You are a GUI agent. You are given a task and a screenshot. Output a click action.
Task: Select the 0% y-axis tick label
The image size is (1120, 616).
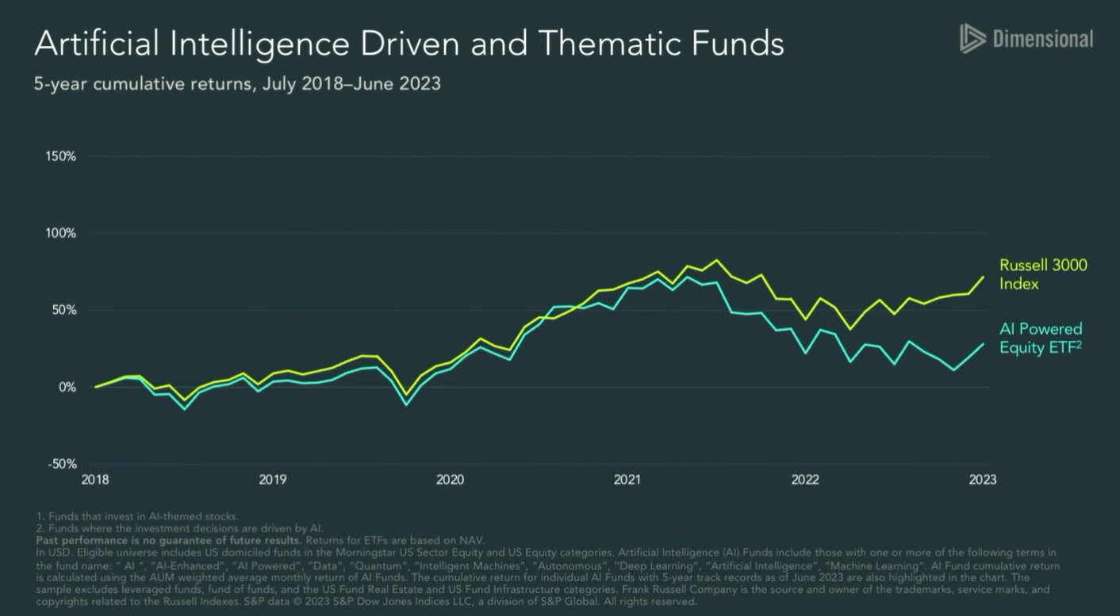(x=67, y=387)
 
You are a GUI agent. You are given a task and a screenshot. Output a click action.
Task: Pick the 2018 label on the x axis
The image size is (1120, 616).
(x=94, y=480)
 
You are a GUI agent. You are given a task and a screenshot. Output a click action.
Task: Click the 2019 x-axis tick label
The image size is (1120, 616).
(x=272, y=480)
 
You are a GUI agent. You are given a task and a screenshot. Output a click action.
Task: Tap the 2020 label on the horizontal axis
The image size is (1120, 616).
(x=450, y=480)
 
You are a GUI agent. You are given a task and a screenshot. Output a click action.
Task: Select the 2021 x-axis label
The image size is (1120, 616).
(x=627, y=480)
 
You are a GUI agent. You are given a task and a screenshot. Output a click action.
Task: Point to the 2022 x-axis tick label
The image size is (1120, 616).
(x=805, y=480)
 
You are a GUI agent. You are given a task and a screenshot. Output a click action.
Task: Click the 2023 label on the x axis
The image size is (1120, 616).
(x=983, y=480)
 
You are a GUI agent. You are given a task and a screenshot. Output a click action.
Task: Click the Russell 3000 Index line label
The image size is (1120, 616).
(x=1042, y=274)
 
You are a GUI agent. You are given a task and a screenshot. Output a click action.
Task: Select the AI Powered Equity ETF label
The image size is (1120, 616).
(x=1041, y=339)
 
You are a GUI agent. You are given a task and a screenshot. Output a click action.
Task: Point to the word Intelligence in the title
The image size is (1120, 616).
(x=255, y=44)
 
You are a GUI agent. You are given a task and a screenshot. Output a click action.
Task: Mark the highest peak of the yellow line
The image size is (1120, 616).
(x=717, y=260)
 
